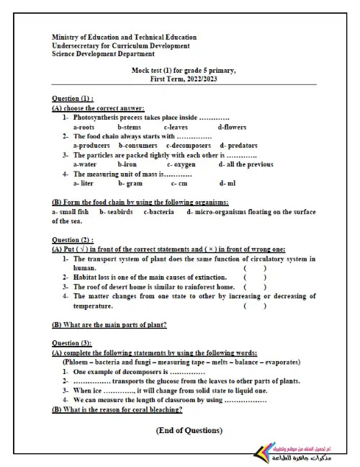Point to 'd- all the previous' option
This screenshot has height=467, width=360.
pos(246,164)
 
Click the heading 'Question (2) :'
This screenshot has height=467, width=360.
pos(73,240)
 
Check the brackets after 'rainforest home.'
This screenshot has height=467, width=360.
pos(255,287)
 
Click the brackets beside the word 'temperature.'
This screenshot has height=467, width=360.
pos(255,306)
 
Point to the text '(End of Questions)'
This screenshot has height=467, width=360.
pos(189,430)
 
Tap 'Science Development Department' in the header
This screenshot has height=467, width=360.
pos(104,53)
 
